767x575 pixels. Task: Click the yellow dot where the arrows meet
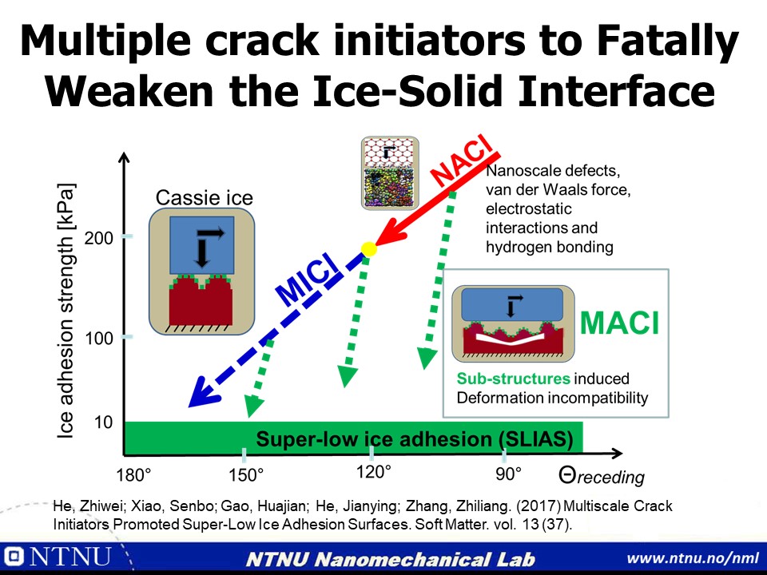[369, 249]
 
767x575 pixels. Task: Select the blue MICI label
[307, 280]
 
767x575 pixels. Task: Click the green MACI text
[619, 323]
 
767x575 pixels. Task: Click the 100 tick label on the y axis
[98, 338]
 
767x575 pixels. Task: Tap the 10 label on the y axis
[103, 422]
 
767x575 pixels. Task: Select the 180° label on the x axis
[133, 474]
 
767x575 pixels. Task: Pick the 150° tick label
[246, 474]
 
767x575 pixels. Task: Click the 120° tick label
[373, 472]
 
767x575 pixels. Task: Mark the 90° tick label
[509, 474]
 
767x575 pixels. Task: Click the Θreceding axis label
[601, 476]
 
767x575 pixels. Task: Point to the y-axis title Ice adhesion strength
[66, 311]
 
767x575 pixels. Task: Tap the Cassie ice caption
[204, 197]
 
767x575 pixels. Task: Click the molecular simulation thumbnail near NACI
[390, 173]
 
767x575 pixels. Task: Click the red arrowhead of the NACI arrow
[390, 234]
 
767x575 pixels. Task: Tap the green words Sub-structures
[513, 379]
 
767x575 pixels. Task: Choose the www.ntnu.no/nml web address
[693, 558]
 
